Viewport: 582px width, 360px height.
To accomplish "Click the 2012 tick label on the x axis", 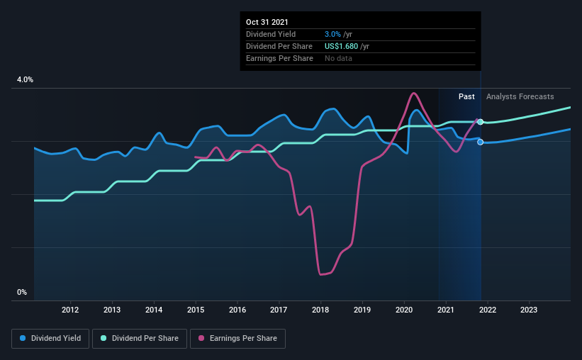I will coord(69,310).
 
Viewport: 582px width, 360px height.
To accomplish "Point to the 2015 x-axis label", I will coord(196,310).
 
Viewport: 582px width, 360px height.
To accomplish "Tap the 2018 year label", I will coord(321,310).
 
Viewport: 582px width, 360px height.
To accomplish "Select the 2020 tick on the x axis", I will coord(404,310).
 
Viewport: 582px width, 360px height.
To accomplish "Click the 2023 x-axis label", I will coord(529,310).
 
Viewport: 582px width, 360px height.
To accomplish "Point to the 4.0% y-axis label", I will coord(25,80).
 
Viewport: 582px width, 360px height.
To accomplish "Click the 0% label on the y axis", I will coord(22,292).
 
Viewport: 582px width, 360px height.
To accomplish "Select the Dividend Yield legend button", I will coord(50,339).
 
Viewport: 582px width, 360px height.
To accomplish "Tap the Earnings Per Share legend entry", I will coord(238,339).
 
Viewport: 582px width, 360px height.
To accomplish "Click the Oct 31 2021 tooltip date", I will coord(267,23).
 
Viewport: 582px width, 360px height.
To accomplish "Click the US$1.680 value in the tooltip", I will coord(337,46).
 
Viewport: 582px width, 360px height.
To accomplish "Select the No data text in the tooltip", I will coord(338,58).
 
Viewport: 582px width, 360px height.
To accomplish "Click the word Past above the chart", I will coord(466,96).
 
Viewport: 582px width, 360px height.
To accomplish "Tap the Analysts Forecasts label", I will coord(520,96).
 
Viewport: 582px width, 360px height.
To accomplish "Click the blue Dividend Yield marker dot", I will coord(480,142).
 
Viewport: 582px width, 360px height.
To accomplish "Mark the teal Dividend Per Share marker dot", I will coord(480,122).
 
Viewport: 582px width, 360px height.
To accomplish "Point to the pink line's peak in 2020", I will coord(413,94).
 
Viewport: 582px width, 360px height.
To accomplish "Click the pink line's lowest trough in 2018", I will coord(322,274).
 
